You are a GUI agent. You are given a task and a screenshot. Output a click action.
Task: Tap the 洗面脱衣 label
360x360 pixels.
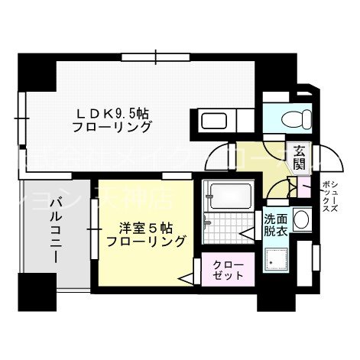[276, 223]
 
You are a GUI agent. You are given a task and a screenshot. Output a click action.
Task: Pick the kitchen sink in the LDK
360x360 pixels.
[211, 121]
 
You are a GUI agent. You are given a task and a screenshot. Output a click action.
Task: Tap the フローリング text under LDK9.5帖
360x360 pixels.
[112, 128]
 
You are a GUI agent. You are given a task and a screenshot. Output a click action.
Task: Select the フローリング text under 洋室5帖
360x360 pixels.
[145, 242]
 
